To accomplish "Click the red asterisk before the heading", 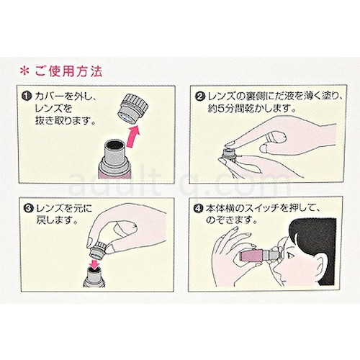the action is tap(24, 71).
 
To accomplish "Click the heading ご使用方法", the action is tap(68, 71).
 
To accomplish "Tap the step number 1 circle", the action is tap(26, 96).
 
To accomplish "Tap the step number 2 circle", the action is tap(200, 96).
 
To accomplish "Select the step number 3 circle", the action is tap(30, 208).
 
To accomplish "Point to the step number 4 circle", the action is tap(197, 208).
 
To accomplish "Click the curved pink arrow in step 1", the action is tap(132, 135).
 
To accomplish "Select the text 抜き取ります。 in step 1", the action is tap(65, 120).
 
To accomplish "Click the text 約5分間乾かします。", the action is tap(251, 109).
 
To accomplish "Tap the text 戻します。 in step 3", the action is tap(57, 220).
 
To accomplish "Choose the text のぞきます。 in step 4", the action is tap(231, 220).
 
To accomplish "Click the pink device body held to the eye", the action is tap(252, 256).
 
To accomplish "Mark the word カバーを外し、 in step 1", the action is tap(66, 96).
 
